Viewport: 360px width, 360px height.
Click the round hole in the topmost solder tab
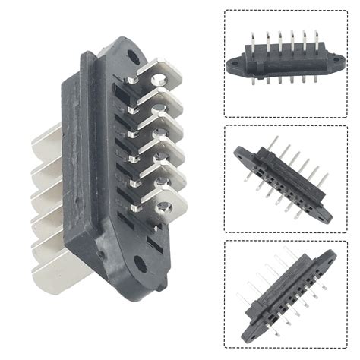[x=161, y=77]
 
